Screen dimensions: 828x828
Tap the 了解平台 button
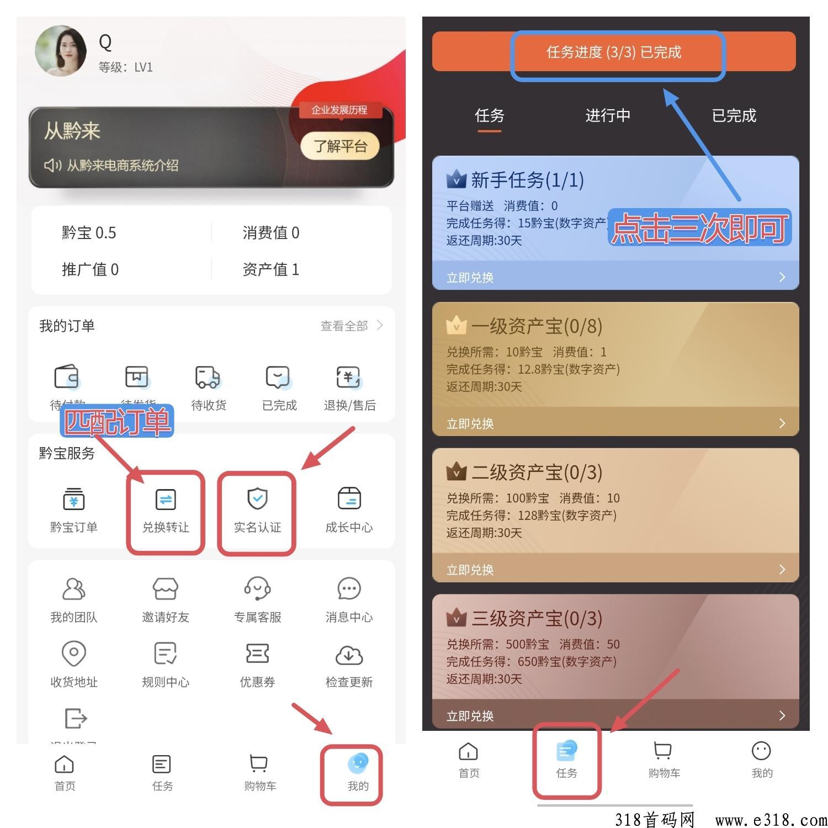click(x=340, y=146)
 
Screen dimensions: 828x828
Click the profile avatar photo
click(x=61, y=51)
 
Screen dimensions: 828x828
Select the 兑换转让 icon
click(x=166, y=500)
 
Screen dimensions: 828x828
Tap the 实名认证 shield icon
click(x=257, y=499)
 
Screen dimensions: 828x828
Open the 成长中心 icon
click(x=349, y=499)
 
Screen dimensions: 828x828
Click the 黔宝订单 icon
click(x=73, y=499)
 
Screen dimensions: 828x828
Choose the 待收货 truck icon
click(x=208, y=378)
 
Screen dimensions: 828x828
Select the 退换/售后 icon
click(x=349, y=378)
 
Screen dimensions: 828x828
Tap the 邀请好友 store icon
click(x=166, y=589)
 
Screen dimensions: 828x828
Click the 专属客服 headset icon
click(x=257, y=589)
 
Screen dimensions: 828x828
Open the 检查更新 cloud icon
click(x=349, y=655)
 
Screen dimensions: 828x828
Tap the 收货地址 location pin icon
click(x=73, y=654)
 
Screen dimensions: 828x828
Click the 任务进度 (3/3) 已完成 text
click(x=614, y=52)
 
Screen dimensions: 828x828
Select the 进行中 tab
click(x=608, y=115)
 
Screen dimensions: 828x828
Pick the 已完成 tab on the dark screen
click(x=734, y=115)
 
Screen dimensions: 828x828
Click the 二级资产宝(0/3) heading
click(x=536, y=473)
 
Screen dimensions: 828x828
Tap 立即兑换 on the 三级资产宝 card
click(x=470, y=716)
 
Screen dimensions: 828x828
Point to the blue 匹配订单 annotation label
click(x=116, y=421)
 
